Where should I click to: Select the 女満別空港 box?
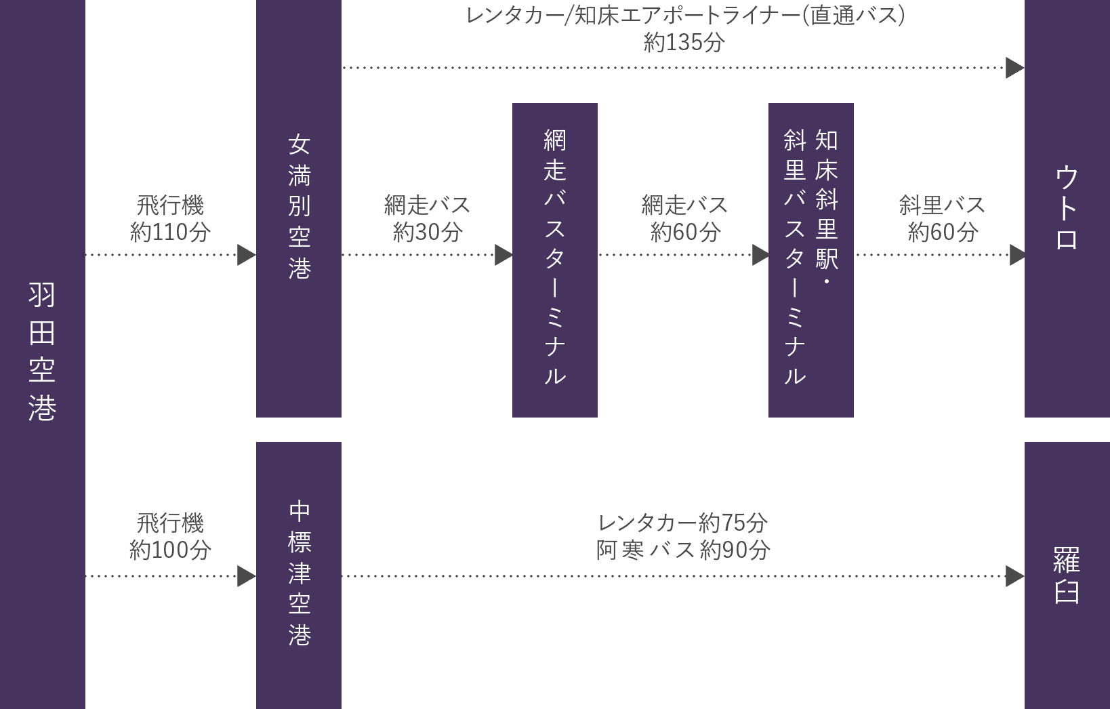pos(298,207)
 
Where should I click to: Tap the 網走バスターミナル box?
pos(554,259)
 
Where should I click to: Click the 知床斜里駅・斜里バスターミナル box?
pos(810,259)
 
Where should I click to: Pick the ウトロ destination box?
pos(1067,207)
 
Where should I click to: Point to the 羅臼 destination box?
pos(1067,575)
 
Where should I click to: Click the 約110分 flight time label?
pos(170,232)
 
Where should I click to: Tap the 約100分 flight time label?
pos(170,550)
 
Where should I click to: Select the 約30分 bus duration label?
pos(427,232)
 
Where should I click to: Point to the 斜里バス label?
pos(941,205)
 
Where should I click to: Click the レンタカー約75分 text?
pos(682,523)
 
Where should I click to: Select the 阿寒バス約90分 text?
pos(682,550)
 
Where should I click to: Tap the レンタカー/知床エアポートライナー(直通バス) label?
pos(684,16)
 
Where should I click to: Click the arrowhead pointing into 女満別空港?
pos(246,255)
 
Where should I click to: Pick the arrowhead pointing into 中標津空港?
pos(246,576)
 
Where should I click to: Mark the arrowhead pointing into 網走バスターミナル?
pos(503,255)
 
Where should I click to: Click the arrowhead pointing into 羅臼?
pos(1014,576)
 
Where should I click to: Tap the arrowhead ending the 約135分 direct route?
pos(1014,68)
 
